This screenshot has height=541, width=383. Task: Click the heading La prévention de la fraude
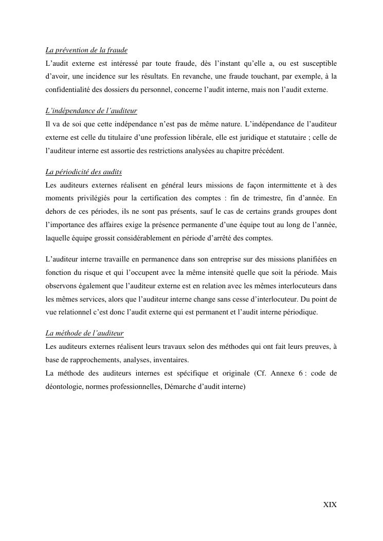click(86, 50)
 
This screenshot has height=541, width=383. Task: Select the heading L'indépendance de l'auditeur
click(91, 111)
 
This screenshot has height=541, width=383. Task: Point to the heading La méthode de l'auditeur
click(84, 333)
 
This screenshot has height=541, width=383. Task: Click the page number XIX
click(330, 505)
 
